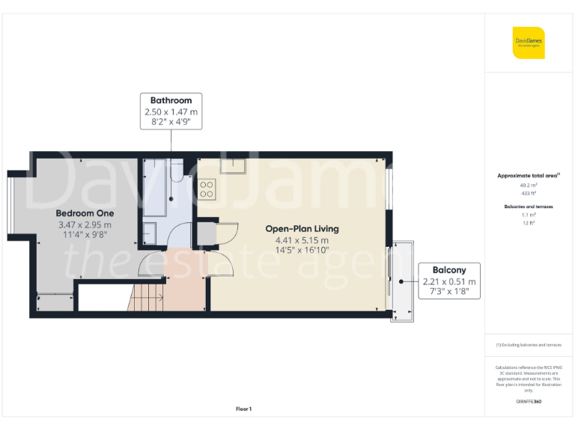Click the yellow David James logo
point(529,43)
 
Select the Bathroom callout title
point(171,100)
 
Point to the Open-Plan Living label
point(302,228)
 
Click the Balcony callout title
point(448,270)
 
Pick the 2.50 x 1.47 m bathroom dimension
point(171,111)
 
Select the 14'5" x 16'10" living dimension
point(302,251)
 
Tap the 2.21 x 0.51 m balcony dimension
point(448,281)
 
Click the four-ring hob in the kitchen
point(207,189)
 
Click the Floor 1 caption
point(243,409)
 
